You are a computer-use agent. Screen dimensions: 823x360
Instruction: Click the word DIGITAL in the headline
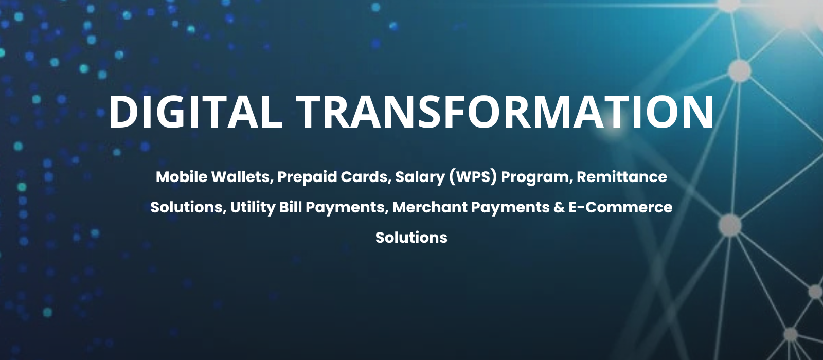(x=195, y=112)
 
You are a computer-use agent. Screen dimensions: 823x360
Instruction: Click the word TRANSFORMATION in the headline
(x=505, y=112)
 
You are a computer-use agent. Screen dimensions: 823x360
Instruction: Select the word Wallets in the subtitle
(x=242, y=177)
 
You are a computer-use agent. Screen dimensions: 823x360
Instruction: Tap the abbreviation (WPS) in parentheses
(x=473, y=177)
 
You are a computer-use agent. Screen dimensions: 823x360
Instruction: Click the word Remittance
(x=622, y=177)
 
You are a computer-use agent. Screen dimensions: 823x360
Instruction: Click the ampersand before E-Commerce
(x=559, y=207)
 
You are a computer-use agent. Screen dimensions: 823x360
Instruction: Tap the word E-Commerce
(x=620, y=207)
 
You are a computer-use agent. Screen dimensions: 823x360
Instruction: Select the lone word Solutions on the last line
(x=411, y=237)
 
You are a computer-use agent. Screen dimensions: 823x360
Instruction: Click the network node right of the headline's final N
(x=739, y=70)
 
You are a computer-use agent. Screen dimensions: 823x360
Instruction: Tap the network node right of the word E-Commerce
(x=730, y=225)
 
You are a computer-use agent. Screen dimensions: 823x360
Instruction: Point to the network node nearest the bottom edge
(x=791, y=335)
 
